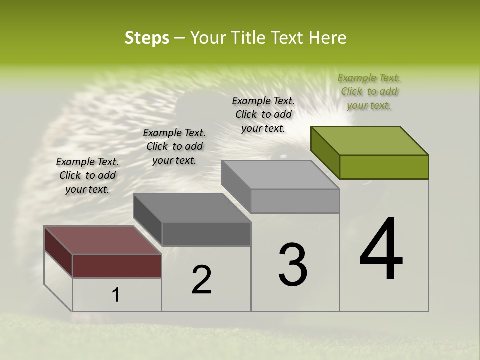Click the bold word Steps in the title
(147, 38)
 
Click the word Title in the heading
(249, 38)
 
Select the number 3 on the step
(292, 264)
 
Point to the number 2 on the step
(201, 279)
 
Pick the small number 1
(116, 295)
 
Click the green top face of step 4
(370, 140)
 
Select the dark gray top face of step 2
(192, 208)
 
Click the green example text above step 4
(369, 91)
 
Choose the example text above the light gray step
(263, 114)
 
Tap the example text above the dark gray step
(174, 146)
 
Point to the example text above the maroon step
(87, 175)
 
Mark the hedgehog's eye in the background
(283, 156)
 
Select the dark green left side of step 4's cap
(325, 152)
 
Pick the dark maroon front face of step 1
(117, 266)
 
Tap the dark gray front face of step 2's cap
(206, 234)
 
